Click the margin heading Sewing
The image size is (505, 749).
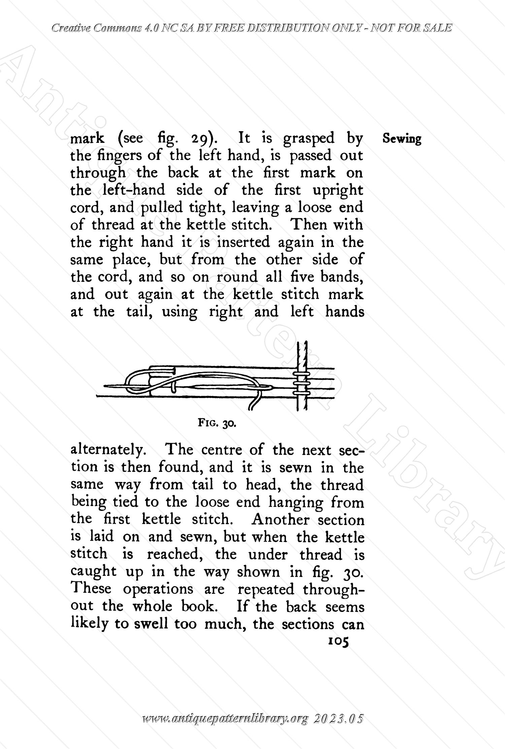click(x=402, y=139)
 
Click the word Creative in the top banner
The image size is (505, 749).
click(x=71, y=28)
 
